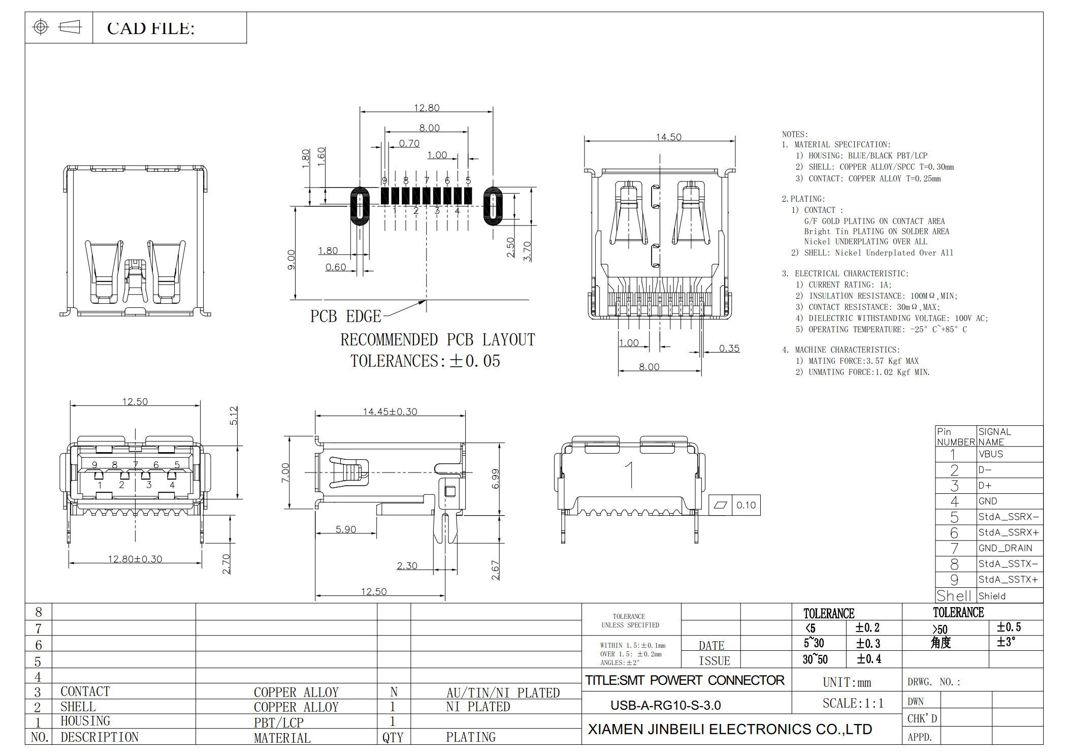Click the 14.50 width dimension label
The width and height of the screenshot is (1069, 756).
(668, 137)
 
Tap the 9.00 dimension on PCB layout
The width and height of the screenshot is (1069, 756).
(291, 260)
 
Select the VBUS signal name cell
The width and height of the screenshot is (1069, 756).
(991, 454)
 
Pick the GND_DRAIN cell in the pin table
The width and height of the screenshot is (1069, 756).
(1005, 548)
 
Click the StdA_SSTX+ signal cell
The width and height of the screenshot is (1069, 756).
(1008, 579)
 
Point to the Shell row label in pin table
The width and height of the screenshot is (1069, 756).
(954, 595)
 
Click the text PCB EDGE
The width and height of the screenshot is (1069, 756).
(345, 316)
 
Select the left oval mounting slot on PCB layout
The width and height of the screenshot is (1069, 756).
(360, 206)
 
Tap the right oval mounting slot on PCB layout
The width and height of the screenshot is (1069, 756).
(493, 206)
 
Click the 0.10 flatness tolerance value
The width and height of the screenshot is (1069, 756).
(746, 505)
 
